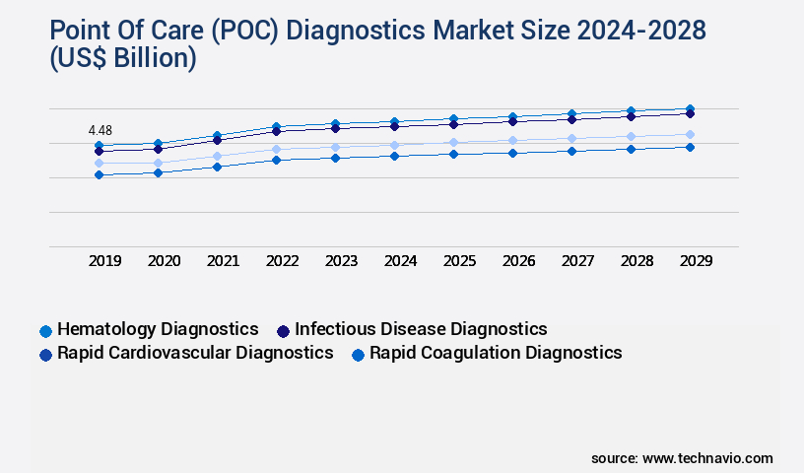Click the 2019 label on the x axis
[x=104, y=261]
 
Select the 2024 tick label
[x=400, y=261]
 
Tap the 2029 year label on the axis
[x=696, y=261]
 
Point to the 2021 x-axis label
[x=223, y=261]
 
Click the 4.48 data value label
[x=100, y=130]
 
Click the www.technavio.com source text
[x=707, y=458]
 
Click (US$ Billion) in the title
[x=108, y=59]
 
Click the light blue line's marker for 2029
[x=690, y=134]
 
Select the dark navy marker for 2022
[x=276, y=131]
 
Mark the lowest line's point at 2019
[x=99, y=174]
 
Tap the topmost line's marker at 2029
[x=690, y=108]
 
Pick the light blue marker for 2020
[x=158, y=163]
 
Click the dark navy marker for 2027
[x=571, y=119]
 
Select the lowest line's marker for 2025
[x=453, y=154]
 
